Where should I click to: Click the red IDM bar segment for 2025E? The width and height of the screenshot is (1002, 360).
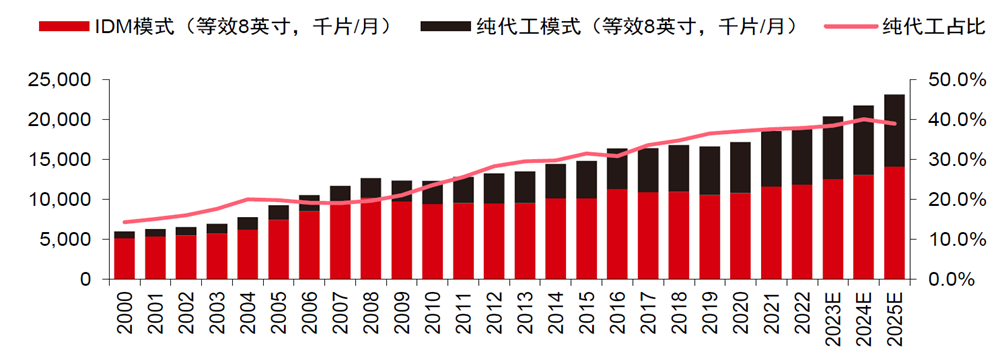click(895, 222)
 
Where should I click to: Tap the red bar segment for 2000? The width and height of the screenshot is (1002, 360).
click(125, 258)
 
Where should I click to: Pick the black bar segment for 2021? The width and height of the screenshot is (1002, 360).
click(771, 159)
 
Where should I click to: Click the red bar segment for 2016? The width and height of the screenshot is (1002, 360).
click(617, 234)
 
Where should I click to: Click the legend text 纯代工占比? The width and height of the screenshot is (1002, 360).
click(928, 25)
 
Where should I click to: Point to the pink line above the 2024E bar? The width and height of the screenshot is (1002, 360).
click(864, 119)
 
